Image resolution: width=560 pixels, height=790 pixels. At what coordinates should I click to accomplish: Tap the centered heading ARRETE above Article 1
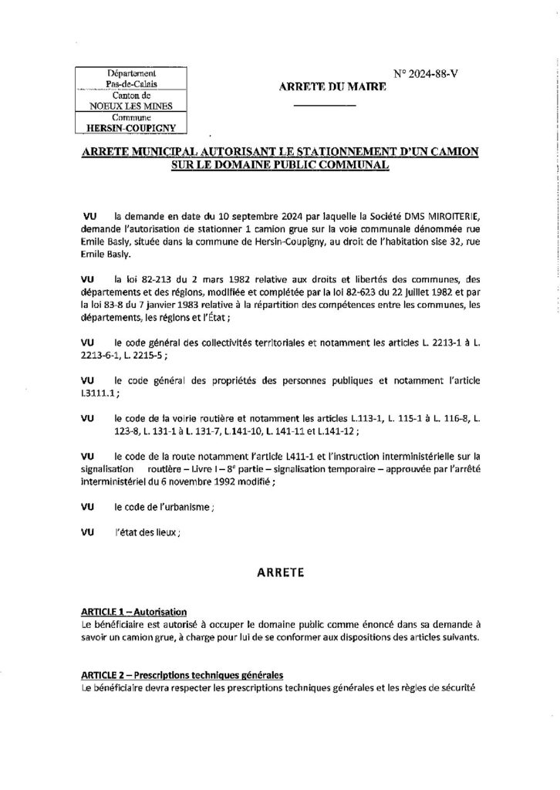click(279, 573)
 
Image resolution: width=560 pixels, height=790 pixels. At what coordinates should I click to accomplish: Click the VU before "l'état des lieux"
click(87, 532)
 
